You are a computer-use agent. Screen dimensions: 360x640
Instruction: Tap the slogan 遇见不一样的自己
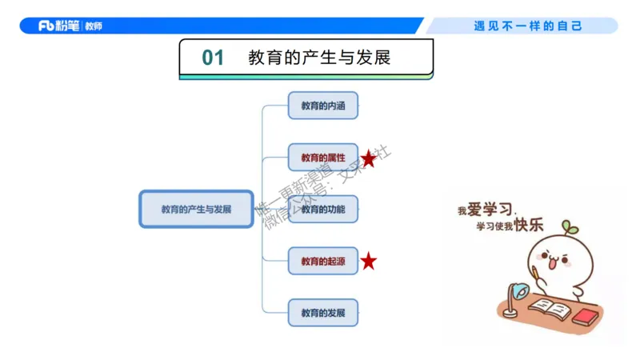528,26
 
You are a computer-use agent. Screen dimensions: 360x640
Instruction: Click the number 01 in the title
213,58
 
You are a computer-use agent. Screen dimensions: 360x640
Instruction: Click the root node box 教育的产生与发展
196,209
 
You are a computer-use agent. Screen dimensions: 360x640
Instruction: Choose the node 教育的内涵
322,106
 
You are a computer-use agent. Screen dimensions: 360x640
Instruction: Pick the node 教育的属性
322,158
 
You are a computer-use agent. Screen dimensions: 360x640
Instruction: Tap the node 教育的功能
322,209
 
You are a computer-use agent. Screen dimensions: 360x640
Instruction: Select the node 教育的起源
322,261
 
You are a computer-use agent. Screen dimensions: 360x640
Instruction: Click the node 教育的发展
322,312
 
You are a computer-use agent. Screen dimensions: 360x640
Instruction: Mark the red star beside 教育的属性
368,158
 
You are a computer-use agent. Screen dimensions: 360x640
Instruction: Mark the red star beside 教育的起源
368,262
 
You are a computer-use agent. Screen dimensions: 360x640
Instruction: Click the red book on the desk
586,316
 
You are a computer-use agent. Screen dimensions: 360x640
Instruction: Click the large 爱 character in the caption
477,209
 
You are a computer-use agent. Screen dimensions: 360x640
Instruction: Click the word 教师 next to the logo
93,26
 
